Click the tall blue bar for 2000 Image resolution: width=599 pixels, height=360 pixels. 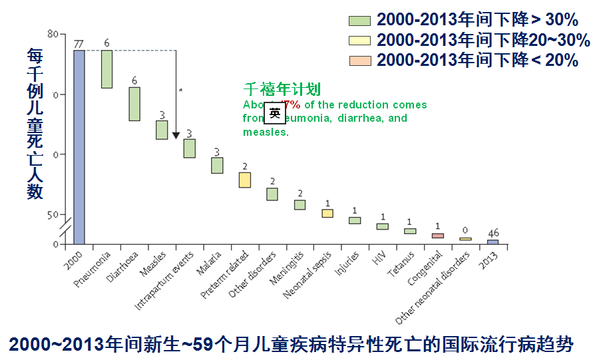(x=79, y=147)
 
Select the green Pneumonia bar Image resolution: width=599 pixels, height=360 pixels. (x=106, y=69)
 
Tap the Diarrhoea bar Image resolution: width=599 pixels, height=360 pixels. (x=134, y=104)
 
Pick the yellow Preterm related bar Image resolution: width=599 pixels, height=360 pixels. (x=245, y=180)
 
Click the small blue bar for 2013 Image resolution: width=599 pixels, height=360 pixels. (x=493, y=242)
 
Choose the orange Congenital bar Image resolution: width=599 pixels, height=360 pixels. (x=437, y=236)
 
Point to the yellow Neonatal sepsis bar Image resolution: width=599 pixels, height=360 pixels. (x=327, y=214)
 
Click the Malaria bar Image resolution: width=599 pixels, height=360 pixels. (x=217, y=165)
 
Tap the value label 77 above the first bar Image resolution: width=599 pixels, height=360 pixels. (x=79, y=44)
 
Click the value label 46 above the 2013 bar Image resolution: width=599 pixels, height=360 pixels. (x=493, y=234)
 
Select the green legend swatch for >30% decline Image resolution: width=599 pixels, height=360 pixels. (x=360, y=20)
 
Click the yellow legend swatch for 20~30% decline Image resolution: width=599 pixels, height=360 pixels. (x=360, y=41)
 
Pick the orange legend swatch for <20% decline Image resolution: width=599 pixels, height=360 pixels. (x=360, y=61)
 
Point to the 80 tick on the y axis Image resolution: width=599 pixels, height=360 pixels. (x=53, y=34)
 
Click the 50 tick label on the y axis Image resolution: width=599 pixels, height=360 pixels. (x=53, y=215)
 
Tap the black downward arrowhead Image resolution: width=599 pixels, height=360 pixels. (x=176, y=136)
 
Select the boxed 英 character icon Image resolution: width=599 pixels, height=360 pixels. (x=275, y=112)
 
